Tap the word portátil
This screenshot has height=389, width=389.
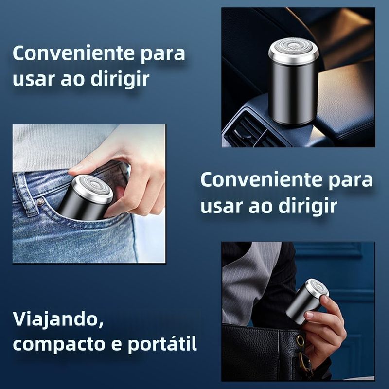tap(162, 345)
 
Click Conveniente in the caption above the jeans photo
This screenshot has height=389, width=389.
tap(74, 53)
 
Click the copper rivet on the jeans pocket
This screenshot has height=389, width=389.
tap(40, 203)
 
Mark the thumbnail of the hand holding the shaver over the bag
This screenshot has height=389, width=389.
tap(309, 315)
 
